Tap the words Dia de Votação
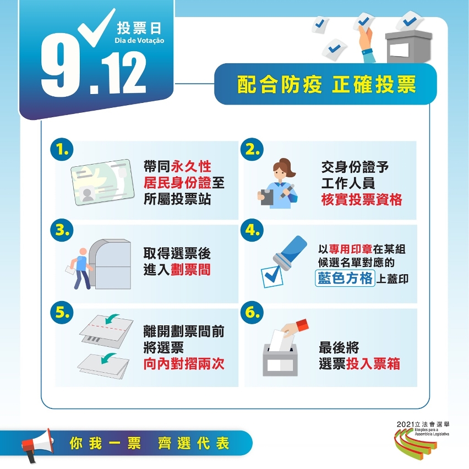pos(139,40)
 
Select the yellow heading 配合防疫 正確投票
pos(326,84)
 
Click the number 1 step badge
pos(62,149)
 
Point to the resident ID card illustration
pos(102,182)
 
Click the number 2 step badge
pos(252,149)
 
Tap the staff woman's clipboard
pos(266,197)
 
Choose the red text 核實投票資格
pos(362,199)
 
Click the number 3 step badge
pos(62,230)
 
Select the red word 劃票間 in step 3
pos(190,270)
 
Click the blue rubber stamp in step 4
pos(290,252)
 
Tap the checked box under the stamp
pos(272,277)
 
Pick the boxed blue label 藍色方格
pos(345,278)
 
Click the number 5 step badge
pos(62,312)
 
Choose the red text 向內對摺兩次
pos(184,364)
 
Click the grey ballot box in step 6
pos(280,360)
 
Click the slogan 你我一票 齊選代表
pos(149,443)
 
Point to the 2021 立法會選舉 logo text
pos(423,424)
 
